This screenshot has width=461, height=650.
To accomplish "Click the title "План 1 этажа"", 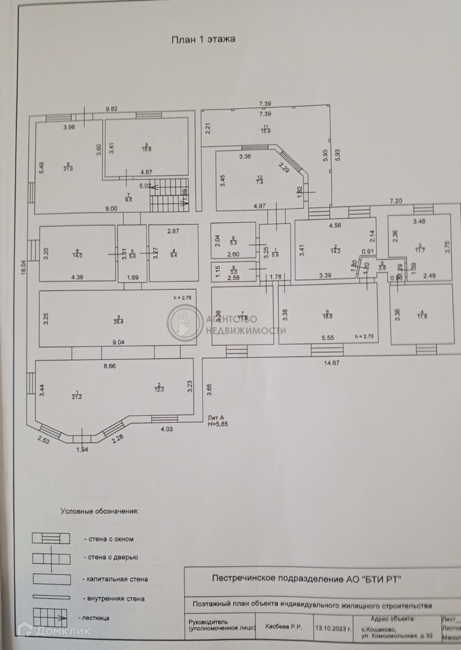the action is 204,39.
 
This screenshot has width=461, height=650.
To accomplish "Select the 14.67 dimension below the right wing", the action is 332,363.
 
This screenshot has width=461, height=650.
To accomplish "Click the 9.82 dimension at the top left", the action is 111,109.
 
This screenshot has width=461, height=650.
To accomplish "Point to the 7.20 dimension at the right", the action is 396,201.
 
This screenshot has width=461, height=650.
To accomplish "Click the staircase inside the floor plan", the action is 169,194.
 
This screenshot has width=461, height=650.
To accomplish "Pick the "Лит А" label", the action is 216,418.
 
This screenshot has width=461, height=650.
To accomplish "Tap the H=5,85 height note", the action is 218,424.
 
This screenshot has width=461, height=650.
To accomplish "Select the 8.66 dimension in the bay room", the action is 109,366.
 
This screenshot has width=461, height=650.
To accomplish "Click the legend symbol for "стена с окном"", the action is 51,538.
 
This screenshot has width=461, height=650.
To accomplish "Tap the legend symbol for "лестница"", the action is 50,618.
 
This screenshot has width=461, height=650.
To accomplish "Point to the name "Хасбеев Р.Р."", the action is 283,627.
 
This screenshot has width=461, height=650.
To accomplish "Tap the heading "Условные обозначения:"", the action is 100,511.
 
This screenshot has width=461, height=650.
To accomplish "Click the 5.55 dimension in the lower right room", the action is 328,338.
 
